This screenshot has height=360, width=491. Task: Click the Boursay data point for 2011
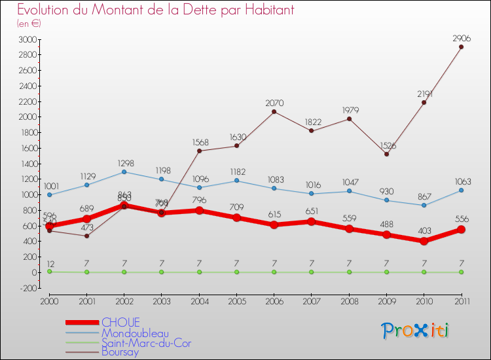tap(461, 46)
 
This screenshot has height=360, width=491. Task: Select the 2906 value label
tap(461, 38)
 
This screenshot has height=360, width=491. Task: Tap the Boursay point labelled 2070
tap(274, 111)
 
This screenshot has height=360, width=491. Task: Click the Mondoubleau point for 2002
tap(124, 171)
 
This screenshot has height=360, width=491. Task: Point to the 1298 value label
tap(124, 162)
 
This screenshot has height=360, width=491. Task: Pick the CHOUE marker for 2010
tap(424, 241)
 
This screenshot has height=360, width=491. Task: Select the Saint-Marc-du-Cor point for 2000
tap(49, 271)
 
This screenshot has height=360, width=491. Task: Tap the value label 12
tap(49, 262)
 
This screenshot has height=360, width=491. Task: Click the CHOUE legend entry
tap(119, 322)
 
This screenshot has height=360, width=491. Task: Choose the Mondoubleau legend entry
tap(134, 333)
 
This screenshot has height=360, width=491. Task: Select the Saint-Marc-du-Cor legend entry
tap(146, 342)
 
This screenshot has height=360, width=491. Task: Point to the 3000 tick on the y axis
tap(27, 39)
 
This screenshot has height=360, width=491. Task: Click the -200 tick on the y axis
tap(27, 288)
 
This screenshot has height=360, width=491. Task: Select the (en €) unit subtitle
tap(29, 24)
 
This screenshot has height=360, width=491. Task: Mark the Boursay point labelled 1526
tap(386, 154)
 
